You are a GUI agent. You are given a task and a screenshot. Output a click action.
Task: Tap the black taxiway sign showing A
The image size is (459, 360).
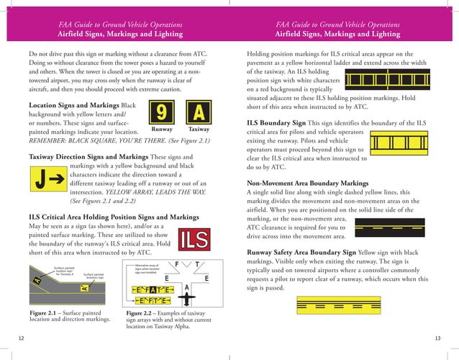coord(199,112)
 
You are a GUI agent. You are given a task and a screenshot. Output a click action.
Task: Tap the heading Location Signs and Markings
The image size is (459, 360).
coord(74,106)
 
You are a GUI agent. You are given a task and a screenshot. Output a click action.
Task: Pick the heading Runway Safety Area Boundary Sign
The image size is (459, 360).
coord(301,253)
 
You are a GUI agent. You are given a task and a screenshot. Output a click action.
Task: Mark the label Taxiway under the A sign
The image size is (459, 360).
coord(199,130)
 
